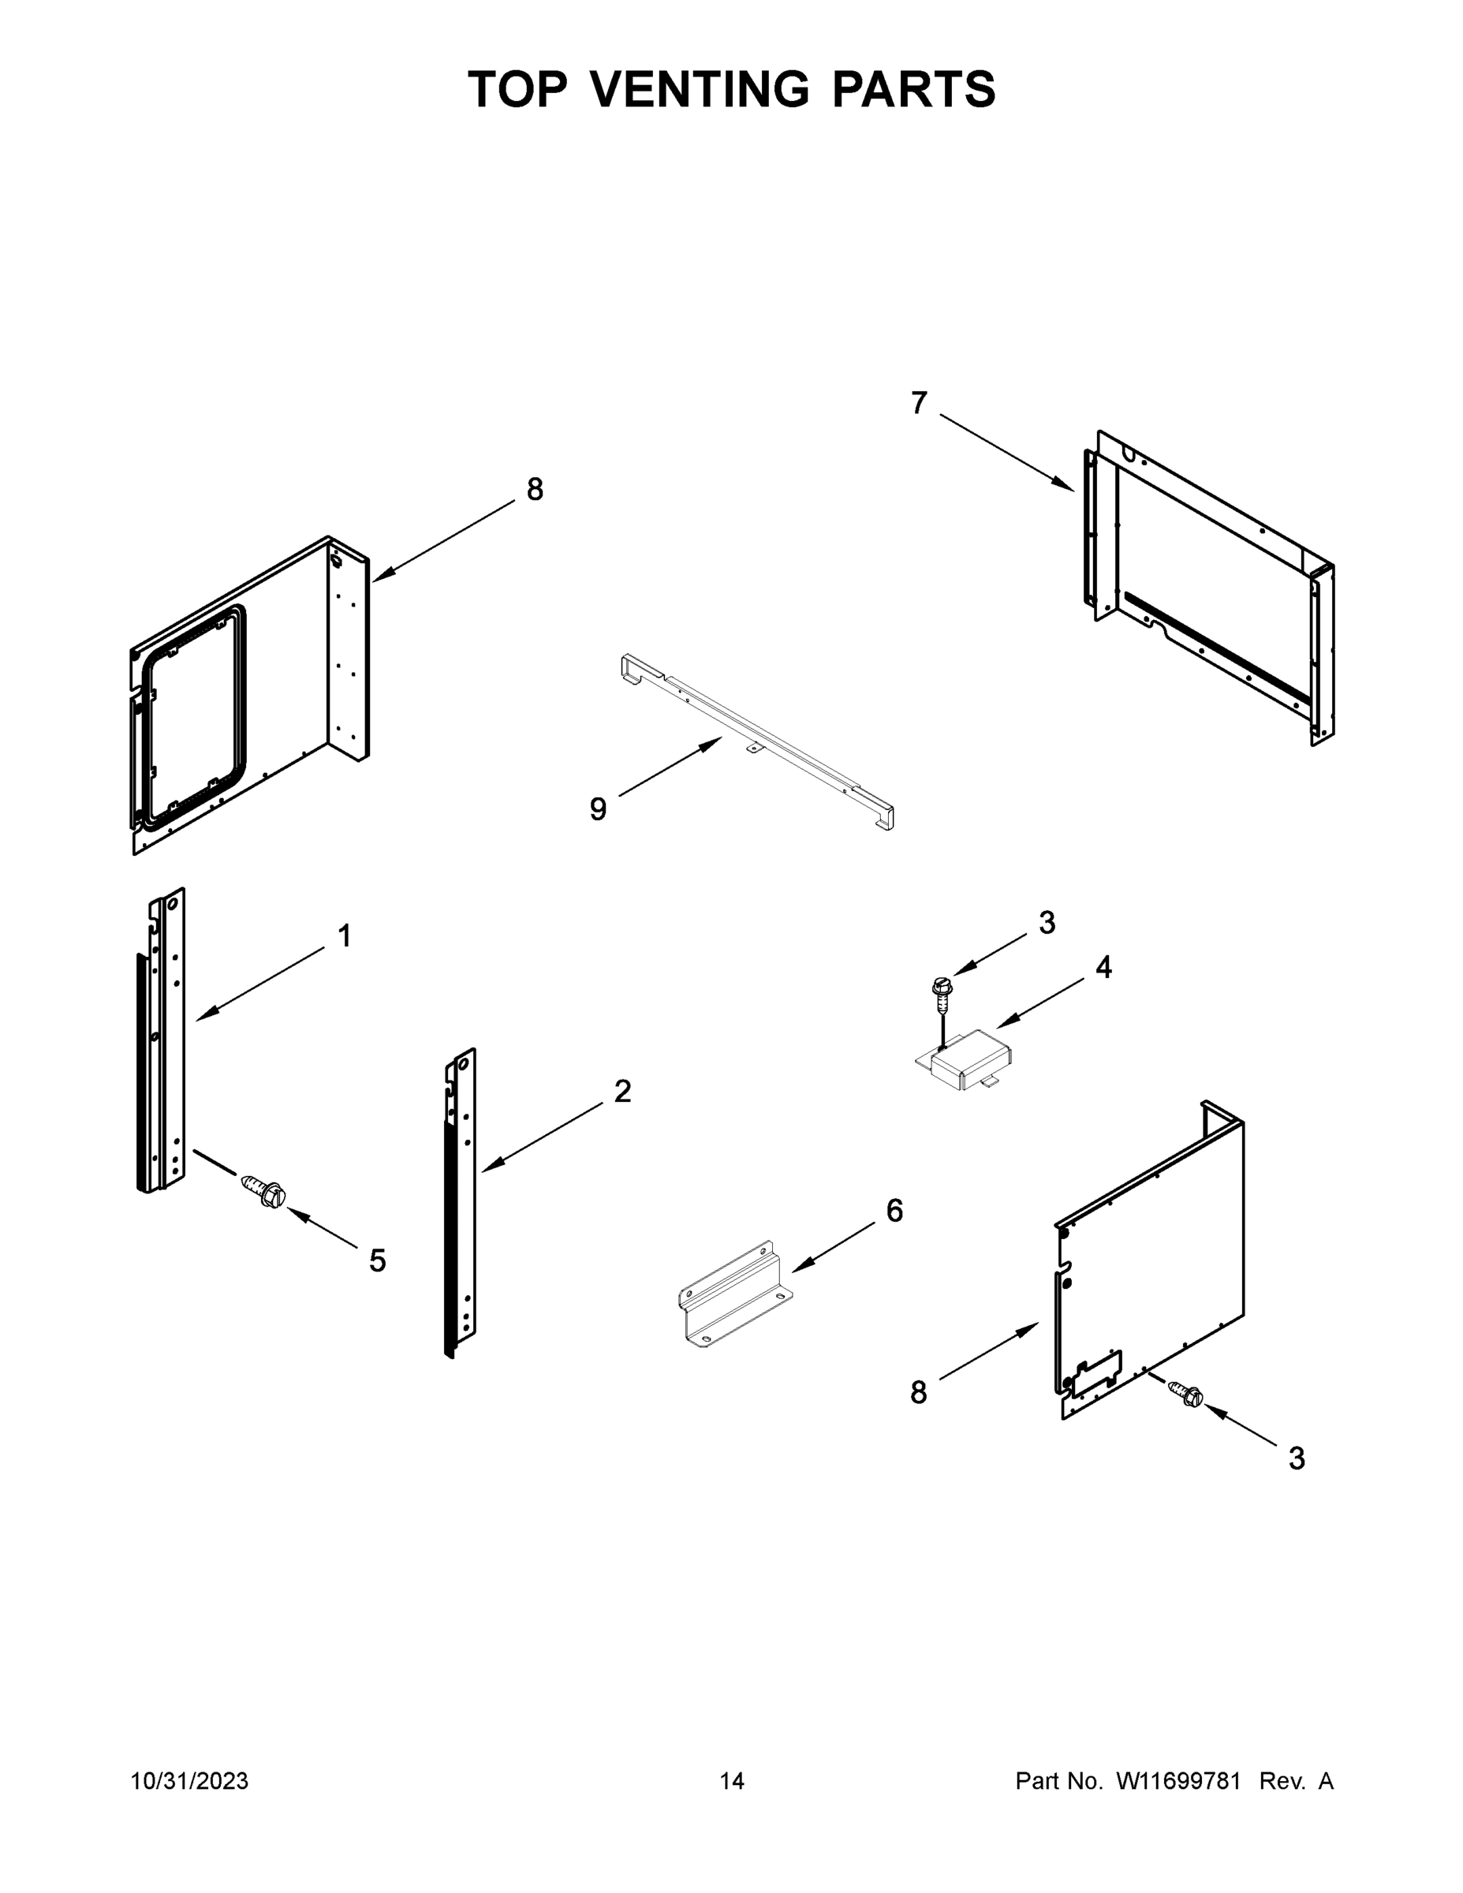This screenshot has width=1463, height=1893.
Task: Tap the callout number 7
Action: point(919,403)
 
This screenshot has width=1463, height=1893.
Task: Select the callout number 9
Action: point(598,809)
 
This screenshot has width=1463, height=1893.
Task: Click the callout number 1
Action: point(344,936)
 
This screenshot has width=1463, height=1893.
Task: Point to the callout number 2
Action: point(622,1092)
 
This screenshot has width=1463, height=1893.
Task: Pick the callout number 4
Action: point(1103,967)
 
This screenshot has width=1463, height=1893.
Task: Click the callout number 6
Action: point(894,1211)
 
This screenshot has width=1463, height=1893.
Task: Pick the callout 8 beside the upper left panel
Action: point(535,490)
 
